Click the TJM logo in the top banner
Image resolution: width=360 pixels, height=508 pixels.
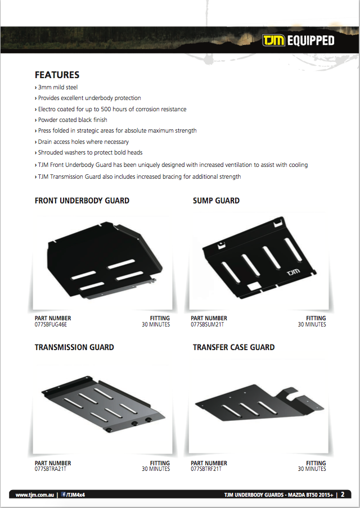click(274, 40)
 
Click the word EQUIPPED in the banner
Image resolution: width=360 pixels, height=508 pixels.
click(310, 40)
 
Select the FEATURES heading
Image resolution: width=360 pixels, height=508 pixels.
click(57, 75)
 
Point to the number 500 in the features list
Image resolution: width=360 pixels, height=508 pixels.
click(106, 109)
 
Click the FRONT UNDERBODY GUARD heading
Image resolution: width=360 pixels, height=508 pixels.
click(82, 201)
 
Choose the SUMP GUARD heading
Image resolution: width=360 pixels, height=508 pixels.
click(217, 201)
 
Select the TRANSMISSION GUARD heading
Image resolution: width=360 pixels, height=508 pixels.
click(74, 347)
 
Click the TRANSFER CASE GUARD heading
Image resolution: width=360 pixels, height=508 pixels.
click(234, 347)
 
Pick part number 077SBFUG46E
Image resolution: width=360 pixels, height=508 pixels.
click(51, 324)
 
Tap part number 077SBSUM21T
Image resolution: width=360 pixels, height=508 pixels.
click(207, 324)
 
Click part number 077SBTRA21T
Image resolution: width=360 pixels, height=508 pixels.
click(50, 469)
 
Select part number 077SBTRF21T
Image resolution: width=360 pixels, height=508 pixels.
click(206, 469)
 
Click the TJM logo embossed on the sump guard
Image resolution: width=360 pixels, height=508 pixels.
click(294, 272)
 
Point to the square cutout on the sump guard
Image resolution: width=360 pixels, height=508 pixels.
click(254, 286)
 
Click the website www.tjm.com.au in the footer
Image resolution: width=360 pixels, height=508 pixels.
click(35, 495)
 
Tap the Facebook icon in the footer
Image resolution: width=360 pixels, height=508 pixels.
click(64, 495)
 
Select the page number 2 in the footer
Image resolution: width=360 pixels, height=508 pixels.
click(343, 495)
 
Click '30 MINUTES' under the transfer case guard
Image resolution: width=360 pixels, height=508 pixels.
click(312, 469)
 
